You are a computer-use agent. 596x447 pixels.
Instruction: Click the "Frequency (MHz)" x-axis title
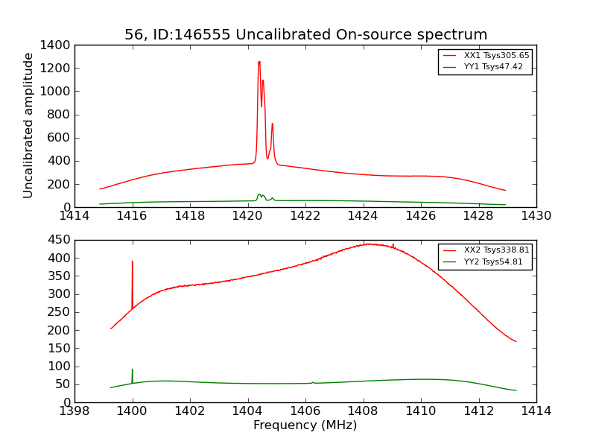305,425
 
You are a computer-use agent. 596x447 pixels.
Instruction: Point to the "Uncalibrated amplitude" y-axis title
28,125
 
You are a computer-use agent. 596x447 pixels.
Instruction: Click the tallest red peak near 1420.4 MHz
259,63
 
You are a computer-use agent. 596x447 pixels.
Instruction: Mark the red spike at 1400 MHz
133,261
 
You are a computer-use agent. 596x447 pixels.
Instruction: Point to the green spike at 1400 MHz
133,370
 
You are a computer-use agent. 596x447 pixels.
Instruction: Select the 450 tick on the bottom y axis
60,240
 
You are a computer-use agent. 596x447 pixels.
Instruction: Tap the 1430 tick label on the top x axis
536,216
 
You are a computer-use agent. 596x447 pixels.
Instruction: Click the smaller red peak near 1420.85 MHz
272,124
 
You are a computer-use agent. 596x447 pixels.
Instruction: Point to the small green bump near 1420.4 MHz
259,194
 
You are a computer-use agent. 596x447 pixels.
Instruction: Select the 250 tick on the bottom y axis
60,312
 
